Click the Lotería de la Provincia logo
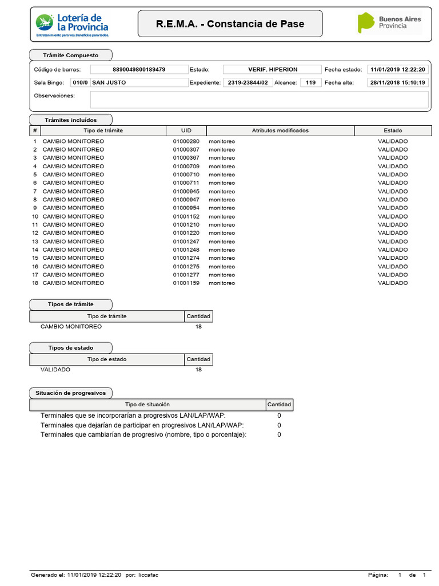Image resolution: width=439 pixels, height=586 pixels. point(72,24)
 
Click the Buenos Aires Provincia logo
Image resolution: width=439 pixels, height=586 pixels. point(389,23)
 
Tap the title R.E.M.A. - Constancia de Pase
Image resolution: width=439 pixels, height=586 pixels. point(230,24)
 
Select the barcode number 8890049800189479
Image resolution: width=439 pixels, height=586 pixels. point(139,69)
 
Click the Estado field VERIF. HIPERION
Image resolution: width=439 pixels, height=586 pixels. point(272,69)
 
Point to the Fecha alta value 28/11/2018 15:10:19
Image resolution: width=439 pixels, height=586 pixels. point(398,82)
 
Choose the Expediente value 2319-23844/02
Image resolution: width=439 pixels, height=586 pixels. point(246,82)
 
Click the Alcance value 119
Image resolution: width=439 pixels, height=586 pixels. point(310,82)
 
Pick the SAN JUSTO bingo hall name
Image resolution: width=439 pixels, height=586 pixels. point(109,82)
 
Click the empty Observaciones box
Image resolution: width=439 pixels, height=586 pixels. point(259,100)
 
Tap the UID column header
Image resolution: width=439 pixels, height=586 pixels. point(186,130)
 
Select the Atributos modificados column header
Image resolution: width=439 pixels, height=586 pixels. point(280,130)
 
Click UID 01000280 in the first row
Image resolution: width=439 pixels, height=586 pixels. point(186,141)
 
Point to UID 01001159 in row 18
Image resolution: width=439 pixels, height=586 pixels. point(186,283)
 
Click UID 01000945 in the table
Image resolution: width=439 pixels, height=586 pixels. point(186,191)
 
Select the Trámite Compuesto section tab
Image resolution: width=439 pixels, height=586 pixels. point(71,56)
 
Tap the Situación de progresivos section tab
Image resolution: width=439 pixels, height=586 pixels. point(71,393)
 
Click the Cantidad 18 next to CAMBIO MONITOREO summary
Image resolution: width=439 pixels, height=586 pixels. point(198,327)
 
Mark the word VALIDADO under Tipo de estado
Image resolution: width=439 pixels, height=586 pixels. point(55,370)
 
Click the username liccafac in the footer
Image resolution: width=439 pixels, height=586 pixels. point(148,575)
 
